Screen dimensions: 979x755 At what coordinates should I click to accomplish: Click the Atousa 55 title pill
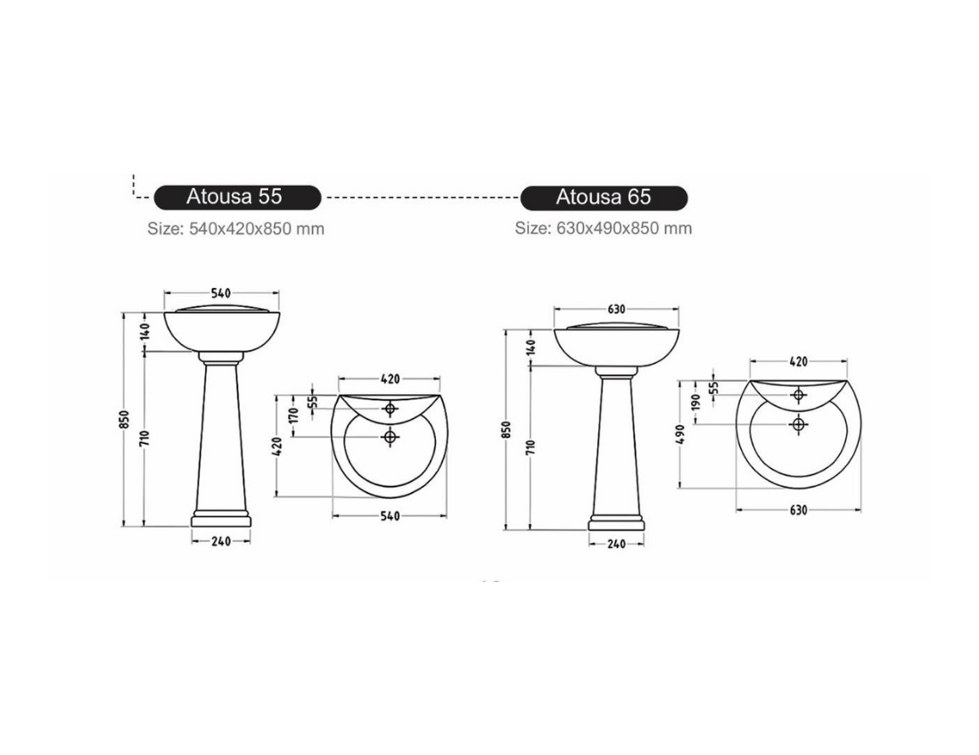click(x=237, y=197)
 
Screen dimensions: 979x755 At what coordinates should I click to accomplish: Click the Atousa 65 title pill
click(x=604, y=198)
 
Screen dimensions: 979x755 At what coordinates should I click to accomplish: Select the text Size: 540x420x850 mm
click(x=236, y=229)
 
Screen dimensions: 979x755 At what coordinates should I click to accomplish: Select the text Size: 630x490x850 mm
click(x=603, y=228)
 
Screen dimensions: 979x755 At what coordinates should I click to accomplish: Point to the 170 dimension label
click(x=295, y=414)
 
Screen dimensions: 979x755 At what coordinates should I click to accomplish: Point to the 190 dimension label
click(x=696, y=400)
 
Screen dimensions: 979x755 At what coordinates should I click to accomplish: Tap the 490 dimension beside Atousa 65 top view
click(x=680, y=434)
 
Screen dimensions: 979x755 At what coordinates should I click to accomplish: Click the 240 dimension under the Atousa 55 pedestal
click(x=221, y=541)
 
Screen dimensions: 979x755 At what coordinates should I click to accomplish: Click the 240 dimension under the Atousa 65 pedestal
click(x=616, y=544)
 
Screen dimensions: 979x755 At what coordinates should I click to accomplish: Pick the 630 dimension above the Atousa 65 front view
click(x=616, y=308)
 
